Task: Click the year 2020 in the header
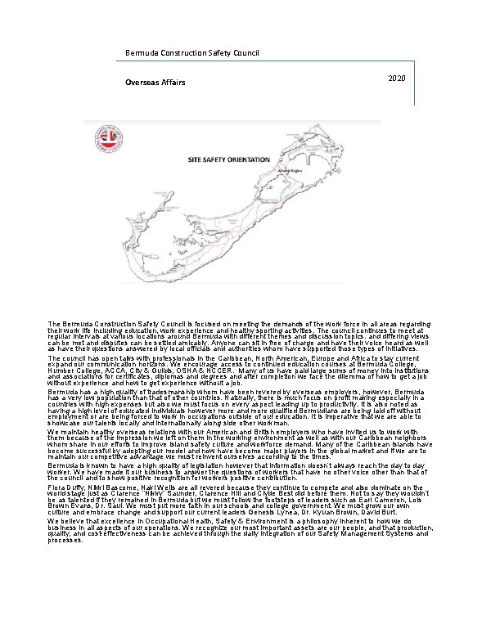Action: pos(394,77)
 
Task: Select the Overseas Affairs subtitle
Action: pos(155,83)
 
